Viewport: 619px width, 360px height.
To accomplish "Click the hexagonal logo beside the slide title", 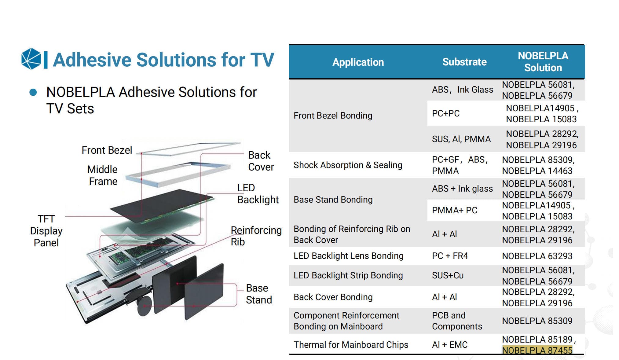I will click(31, 59).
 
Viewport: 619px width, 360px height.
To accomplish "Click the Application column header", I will click(358, 62).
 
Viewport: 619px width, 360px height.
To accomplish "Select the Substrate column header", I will click(464, 62).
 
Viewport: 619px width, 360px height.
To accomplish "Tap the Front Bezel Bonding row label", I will click(333, 116).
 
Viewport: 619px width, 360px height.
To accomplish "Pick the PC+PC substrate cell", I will click(445, 113).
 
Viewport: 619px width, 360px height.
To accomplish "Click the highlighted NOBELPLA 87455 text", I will click(537, 350).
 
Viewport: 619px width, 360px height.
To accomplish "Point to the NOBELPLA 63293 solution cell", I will click(537, 256).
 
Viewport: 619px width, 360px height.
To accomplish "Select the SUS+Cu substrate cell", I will click(448, 275).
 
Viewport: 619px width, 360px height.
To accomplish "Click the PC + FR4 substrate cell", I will click(450, 256).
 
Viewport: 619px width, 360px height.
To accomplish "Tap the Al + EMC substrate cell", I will click(449, 345).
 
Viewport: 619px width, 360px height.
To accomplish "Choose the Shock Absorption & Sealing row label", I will click(348, 165).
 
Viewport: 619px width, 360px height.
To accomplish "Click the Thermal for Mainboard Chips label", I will click(351, 345).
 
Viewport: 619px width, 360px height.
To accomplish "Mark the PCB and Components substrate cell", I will click(457, 321).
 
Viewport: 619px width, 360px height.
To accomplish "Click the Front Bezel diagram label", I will click(107, 150).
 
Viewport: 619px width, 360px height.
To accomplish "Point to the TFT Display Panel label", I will click(46, 231).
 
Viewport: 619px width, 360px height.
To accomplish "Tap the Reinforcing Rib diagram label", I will click(256, 236).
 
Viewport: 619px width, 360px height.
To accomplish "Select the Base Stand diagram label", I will click(258, 294).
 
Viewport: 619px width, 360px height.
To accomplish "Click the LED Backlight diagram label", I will click(258, 194).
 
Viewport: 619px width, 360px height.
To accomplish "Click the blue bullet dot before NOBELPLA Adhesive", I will click(33, 92).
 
